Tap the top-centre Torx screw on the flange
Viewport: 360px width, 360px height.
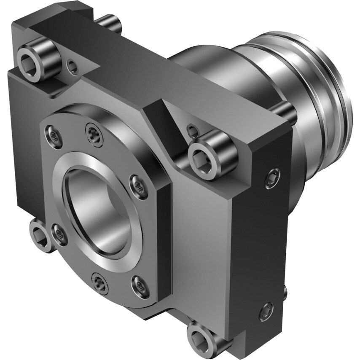[x=93, y=134]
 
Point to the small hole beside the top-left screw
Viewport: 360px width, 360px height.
[x=73, y=65]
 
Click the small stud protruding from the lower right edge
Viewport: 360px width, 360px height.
[x=285, y=292]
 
